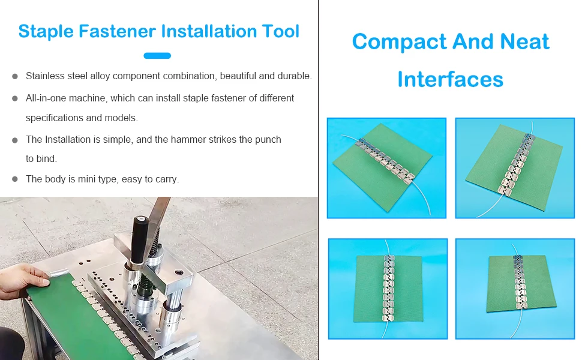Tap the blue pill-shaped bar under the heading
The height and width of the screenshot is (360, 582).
157,56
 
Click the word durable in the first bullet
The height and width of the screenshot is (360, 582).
294,76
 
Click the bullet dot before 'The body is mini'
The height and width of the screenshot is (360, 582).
14,179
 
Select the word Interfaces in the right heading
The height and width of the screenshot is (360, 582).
450,79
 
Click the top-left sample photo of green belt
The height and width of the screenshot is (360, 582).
386,168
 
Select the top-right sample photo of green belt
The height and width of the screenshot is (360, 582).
515,168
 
